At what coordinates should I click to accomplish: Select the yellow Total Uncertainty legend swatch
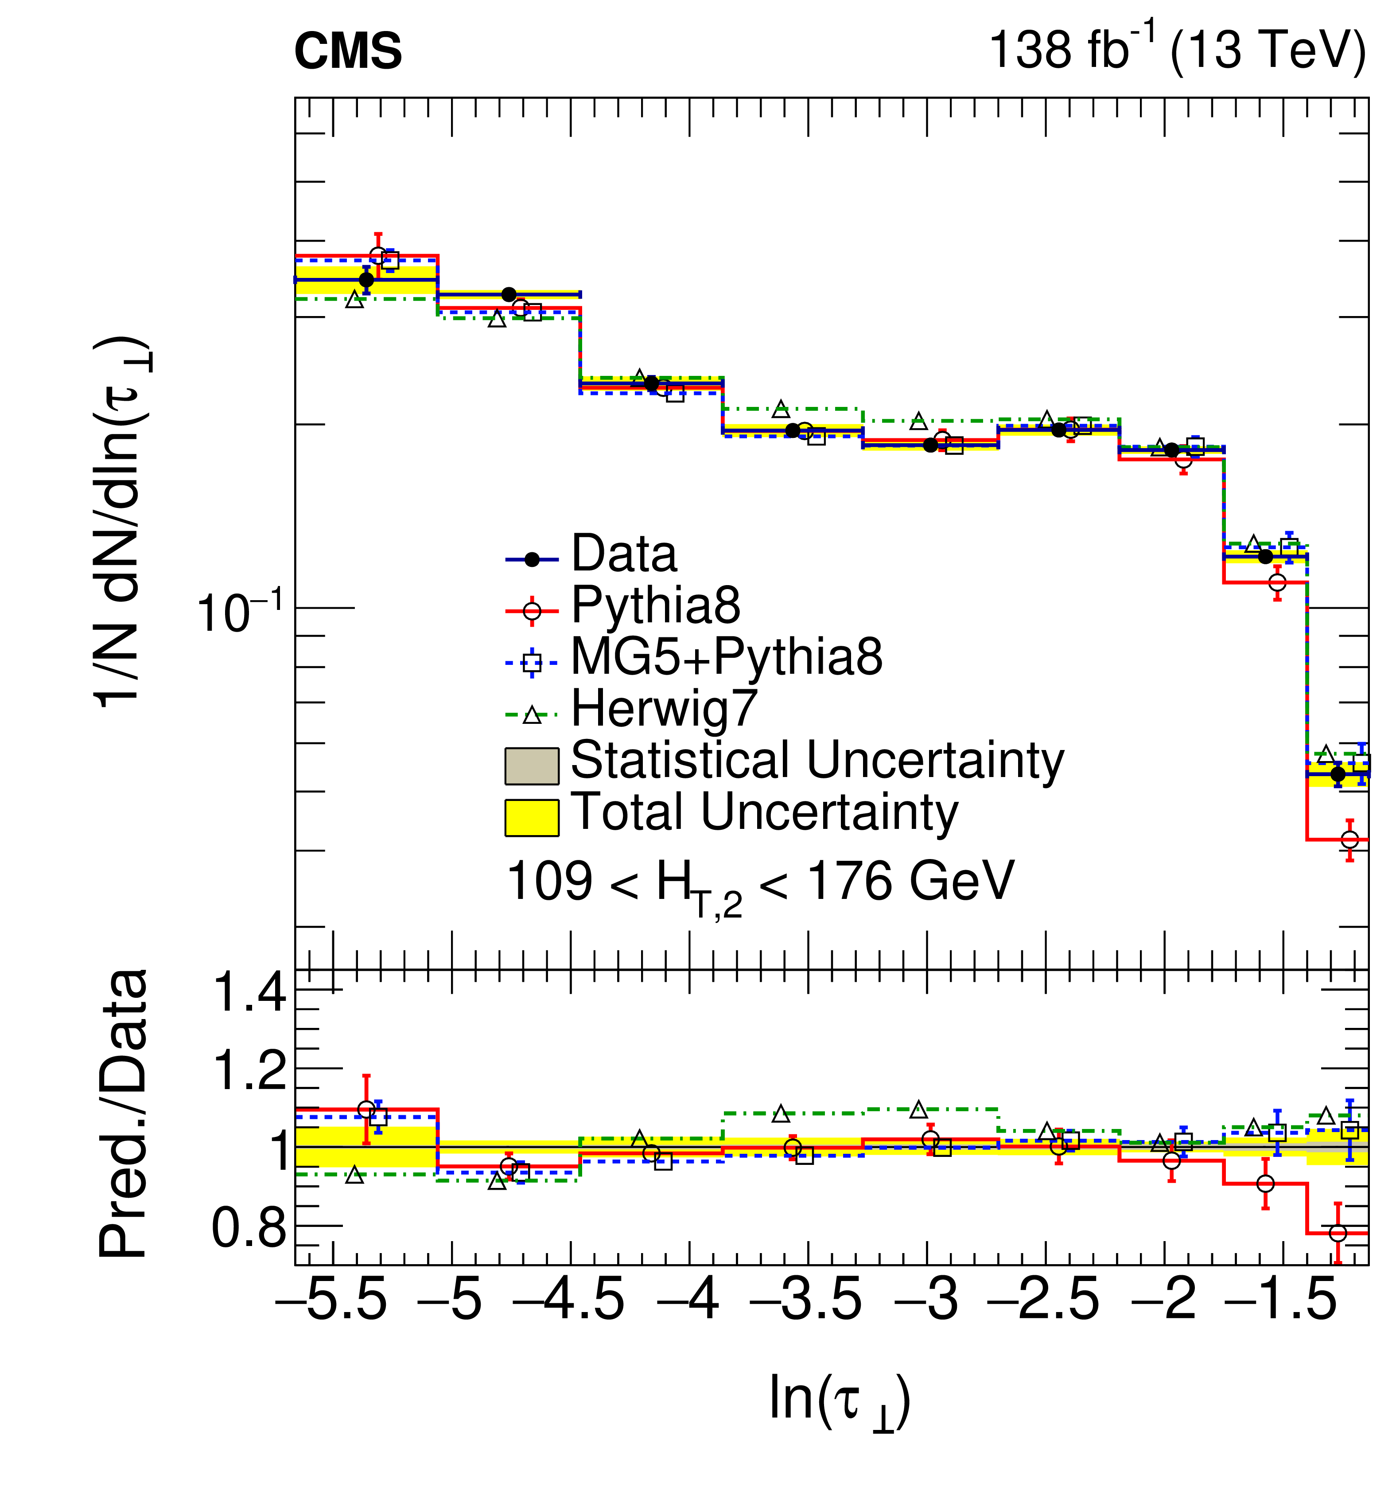coord(531,817)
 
